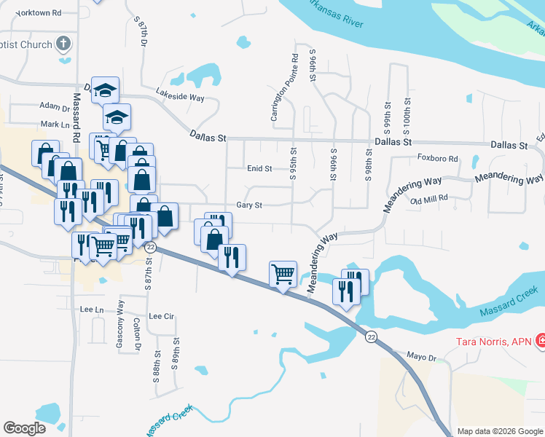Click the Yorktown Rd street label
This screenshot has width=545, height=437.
tap(38, 13)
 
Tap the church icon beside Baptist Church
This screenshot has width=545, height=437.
tap(63, 44)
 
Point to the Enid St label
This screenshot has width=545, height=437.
tap(259, 168)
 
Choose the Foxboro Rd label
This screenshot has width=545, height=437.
tap(437, 158)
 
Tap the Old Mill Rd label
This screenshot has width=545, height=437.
tap(434, 199)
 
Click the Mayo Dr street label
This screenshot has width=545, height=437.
tap(420, 358)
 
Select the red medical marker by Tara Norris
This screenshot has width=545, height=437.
tap(541, 340)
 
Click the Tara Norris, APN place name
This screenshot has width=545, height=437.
tap(494, 341)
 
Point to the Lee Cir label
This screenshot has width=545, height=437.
tap(162, 316)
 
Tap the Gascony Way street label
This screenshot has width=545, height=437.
tap(120, 319)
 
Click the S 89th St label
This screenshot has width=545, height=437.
tap(176, 354)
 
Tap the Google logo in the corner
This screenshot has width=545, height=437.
tap(25, 428)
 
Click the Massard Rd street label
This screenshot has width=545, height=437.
tap(75, 117)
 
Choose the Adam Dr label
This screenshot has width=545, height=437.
tap(54, 108)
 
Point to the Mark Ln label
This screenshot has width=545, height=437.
tap(54, 125)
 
